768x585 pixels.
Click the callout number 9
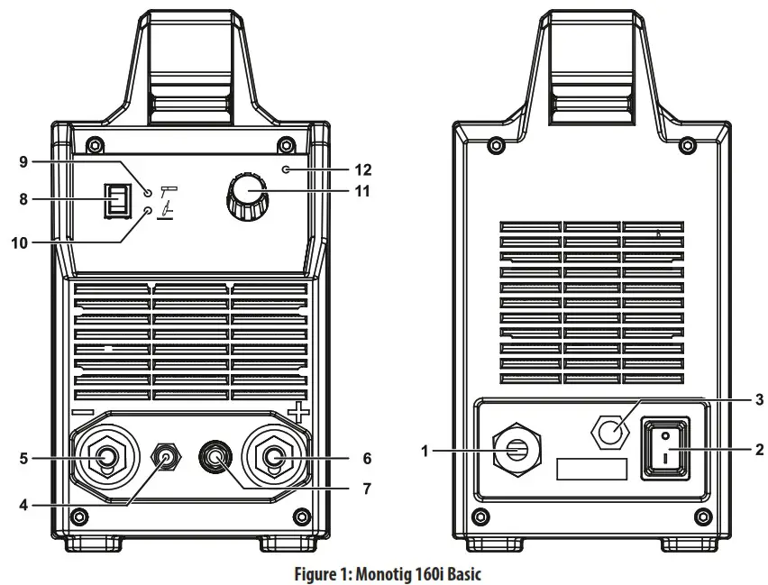pos(24,161)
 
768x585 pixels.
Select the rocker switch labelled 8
pos(116,200)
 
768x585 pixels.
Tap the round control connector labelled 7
pos(215,459)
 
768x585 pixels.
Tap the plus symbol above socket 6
pos(297,412)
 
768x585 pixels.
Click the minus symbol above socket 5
pos(82,413)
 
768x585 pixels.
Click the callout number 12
pos(338,169)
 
